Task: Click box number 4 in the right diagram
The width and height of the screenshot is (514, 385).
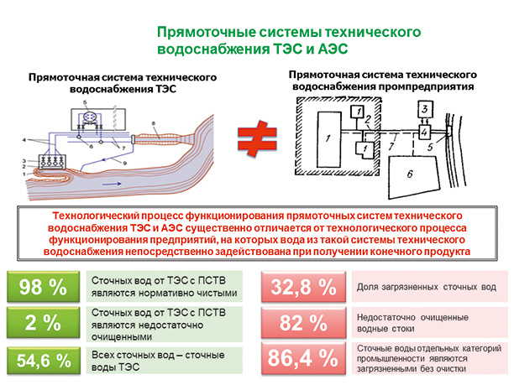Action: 425,132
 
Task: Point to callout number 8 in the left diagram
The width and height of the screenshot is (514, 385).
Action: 155,123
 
